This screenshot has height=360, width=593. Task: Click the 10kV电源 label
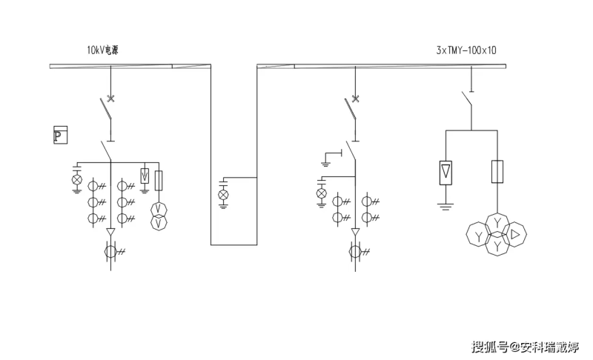pyautogui.click(x=102, y=50)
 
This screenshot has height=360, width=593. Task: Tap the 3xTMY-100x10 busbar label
pyautogui.click(x=466, y=50)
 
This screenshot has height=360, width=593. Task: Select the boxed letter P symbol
pyautogui.click(x=61, y=135)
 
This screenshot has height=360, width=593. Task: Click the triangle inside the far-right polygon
pyautogui.click(x=514, y=235)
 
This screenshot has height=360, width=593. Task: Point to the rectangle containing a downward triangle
pyautogui.click(x=445, y=173)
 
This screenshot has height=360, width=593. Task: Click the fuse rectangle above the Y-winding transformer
pyautogui.click(x=497, y=172)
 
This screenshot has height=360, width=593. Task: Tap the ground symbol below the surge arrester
pyautogui.click(x=445, y=206)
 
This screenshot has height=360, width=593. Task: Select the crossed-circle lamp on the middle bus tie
pyautogui.click(x=224, y=195)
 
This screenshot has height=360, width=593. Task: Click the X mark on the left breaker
pyautogui.click(x=110, y=99)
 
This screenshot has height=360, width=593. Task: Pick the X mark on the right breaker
pyautogui.click(x=355, y=99)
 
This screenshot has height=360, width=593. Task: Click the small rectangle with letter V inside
pyautogui.click(x=145, y=176)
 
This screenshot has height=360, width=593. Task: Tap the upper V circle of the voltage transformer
pyautogui.click(x=159, y=210)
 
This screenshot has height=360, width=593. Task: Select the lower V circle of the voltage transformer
pyautogui.click(x=159, y=223)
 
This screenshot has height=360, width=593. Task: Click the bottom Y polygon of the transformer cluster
pyautogui.click(x=497, y=245)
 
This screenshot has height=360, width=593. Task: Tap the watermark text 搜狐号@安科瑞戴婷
pyautogui.click(x=525, y=347)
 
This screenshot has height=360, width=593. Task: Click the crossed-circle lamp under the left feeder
pyautogui.click(x=77, y=179)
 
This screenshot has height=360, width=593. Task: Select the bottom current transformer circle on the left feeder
pyautogui.click(x=110, y=251)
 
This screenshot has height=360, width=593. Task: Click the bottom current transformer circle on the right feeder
pyautogui.click(x=355, y=251)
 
